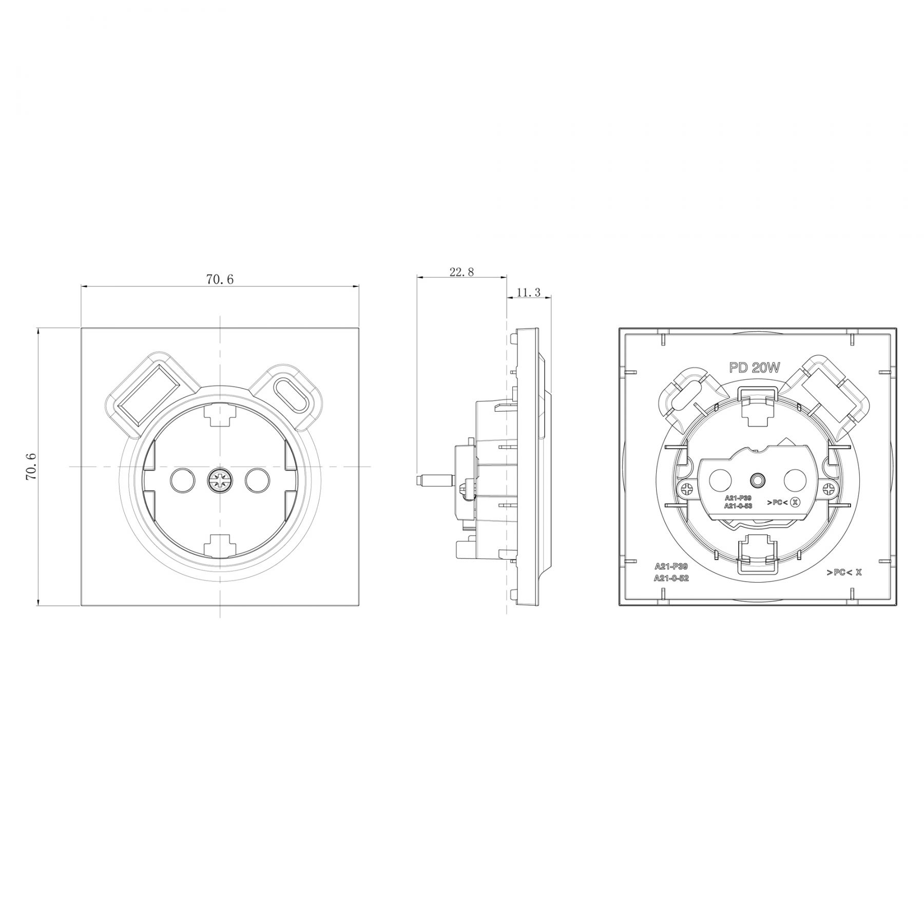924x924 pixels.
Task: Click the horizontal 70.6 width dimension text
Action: (220, 279)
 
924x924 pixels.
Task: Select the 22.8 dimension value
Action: (461, 272)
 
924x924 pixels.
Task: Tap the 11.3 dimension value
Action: (528, 293)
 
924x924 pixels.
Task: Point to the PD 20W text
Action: (755, 368)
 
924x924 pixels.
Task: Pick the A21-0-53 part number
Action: (738, 506)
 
